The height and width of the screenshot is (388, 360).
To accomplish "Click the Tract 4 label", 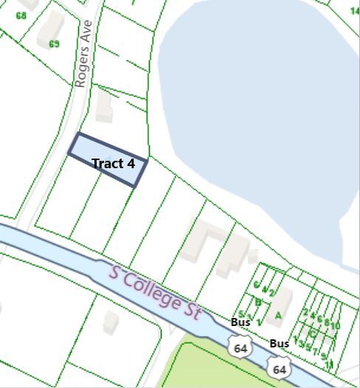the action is pyautogui.click(x=113, y=163).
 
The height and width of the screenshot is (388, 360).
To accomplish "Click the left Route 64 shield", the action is pyautogui.click(x=238, y=347).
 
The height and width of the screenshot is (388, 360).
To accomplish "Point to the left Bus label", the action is pyautogui.click(x=240, y=322).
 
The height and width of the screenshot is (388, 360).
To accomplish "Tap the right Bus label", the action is pyautogui.click(x=279, y=344).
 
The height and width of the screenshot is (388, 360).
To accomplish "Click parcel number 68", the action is pyautogui.click(x=21, y=15).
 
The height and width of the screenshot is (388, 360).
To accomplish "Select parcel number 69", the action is pyautogui.click(x=54, y=44).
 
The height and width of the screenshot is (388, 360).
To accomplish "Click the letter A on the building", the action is pyautogui.click(x=278, y=316).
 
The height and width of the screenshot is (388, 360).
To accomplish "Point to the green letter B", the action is pyautogui.click(x=258, y=301).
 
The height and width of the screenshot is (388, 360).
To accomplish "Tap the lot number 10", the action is pyautogui.click(x=336, y=325).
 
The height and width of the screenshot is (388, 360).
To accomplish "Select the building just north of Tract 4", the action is pyautogui.click(x=104, y=111).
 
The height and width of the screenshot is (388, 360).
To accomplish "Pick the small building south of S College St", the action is pyautogui.click(x=111, y=322).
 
